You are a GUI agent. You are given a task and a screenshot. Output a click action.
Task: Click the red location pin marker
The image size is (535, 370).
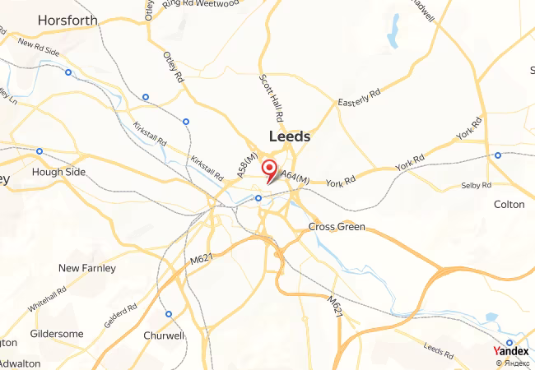[268, 169]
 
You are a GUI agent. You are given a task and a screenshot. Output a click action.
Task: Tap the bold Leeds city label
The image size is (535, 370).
[290, 136]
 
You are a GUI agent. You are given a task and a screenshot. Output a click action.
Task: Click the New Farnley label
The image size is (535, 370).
[87, 268]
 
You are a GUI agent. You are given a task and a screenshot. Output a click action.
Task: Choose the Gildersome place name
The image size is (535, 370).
[57, 334]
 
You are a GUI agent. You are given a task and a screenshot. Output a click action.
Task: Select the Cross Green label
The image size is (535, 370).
[336, 226]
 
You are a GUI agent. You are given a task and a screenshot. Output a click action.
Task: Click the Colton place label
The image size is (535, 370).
[508, 204]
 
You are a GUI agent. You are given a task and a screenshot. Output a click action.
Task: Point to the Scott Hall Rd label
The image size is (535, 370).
[270, 98]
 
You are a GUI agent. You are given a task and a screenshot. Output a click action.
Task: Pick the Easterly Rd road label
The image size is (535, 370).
[360, 97]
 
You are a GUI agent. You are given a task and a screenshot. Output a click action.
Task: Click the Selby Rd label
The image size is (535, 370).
[476, 186]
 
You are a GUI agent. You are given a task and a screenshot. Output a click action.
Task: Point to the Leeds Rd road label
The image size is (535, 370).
[437, 349]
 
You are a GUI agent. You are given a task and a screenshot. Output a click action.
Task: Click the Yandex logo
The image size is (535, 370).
[510, 350]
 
